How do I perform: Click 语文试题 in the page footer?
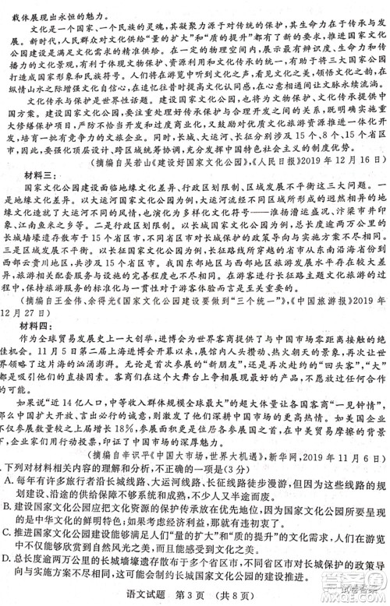point(156,596)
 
